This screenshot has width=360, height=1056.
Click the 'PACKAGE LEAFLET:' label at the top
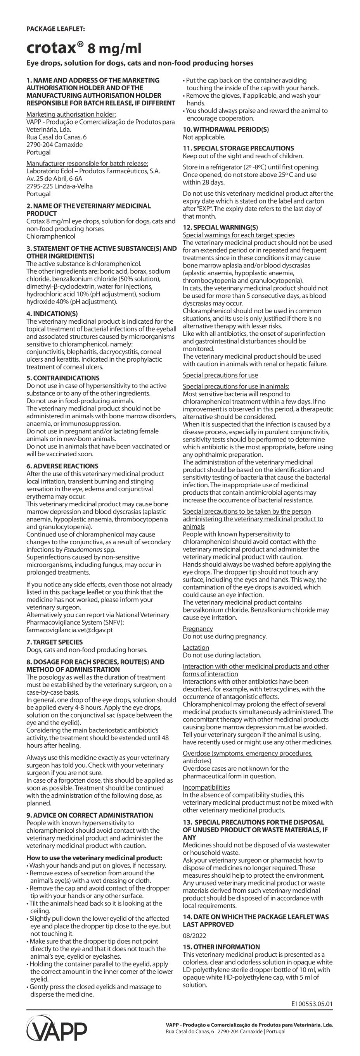click(56, 29)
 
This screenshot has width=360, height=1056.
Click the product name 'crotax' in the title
click(51, 48)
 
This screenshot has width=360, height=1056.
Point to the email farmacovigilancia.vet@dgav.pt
click(69, 630)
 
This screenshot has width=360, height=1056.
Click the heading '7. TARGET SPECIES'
click(55, 642)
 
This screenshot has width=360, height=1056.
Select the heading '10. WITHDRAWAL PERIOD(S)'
click(225, 129)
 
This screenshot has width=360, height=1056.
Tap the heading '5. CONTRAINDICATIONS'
click(63, 378)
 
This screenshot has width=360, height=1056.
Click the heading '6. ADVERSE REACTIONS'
click(62, 466)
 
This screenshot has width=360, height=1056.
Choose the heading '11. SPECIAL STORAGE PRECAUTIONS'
click(238, 148)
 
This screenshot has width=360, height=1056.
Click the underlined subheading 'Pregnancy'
click(197, 629)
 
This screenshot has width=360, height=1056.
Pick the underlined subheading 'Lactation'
click(196, 648)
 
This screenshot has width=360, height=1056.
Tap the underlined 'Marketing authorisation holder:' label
click(71, 114)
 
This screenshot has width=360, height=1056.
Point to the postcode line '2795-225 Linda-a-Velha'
click(59, 186)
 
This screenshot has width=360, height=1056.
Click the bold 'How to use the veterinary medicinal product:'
click(94, 858)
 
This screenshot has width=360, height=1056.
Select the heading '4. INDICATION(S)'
click(52, 314)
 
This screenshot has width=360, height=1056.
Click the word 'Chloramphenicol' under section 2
click(51, 236)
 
